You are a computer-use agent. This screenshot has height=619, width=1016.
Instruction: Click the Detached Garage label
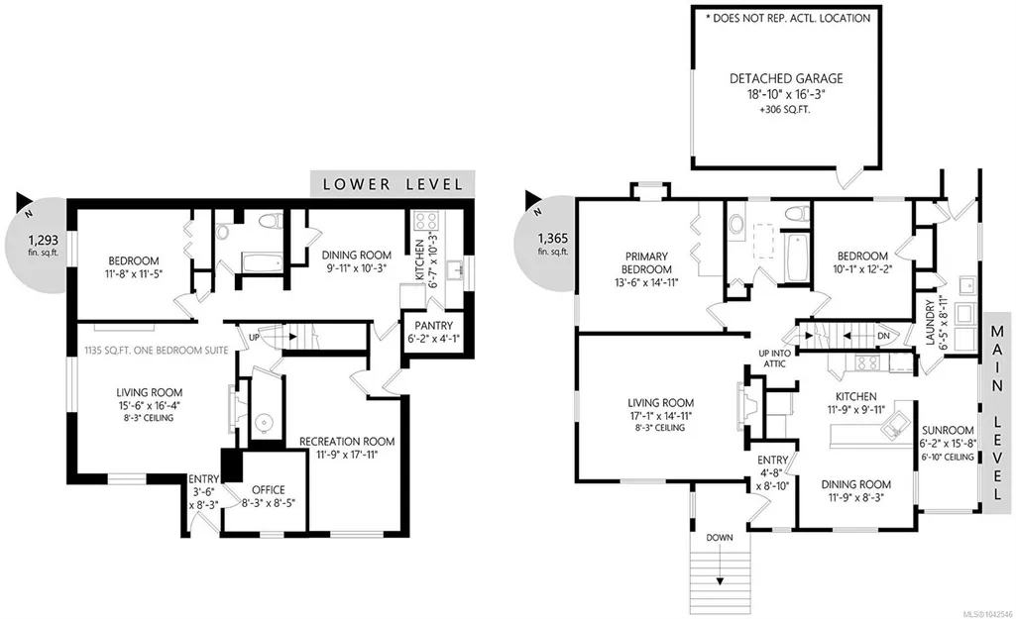(786, 79)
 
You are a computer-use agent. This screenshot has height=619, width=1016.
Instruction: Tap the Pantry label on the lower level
(433, 326)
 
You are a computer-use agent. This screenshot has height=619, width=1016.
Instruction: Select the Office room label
(269, 490)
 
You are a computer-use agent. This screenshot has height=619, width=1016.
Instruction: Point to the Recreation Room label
(347, 442)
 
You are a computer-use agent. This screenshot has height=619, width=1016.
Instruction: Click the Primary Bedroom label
(646, 262)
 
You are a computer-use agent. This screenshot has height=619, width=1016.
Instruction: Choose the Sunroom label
(948, 430)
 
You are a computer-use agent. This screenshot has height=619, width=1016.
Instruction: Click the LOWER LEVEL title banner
(393, 184)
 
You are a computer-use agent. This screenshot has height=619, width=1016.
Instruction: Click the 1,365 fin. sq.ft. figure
(553, 244)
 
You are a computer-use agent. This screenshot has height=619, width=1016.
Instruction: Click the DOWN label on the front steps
(720, 538)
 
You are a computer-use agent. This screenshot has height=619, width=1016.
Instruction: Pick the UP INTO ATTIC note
(774, 359)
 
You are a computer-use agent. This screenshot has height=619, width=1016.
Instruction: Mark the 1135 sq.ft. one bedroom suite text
(157, 351)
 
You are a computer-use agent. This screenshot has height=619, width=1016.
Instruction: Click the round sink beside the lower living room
(265, 424)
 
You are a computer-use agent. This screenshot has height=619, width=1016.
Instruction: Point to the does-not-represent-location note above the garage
(787, 18)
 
